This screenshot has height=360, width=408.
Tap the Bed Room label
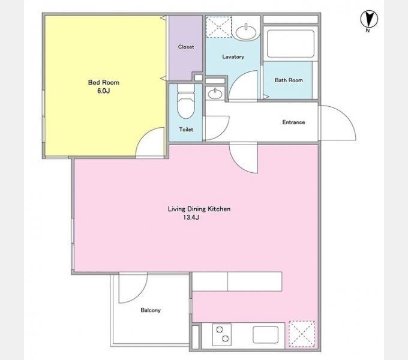104,82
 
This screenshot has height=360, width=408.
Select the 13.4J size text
191,217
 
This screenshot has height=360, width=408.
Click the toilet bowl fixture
186,101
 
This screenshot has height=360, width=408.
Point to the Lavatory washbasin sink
246,32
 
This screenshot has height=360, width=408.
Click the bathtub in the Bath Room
290,43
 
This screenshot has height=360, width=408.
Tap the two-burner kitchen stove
221,334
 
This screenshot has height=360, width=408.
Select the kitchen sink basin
265,335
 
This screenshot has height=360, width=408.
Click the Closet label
186,47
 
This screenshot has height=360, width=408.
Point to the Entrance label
293,122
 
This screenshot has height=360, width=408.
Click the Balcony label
151,310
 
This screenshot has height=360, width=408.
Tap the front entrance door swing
337,123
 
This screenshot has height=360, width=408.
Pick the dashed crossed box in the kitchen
302,334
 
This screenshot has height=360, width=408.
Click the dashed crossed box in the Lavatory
219,27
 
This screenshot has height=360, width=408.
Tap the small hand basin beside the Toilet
215,94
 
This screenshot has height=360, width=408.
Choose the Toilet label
186,129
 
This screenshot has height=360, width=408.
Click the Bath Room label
289,80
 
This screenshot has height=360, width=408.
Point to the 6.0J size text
104,91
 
